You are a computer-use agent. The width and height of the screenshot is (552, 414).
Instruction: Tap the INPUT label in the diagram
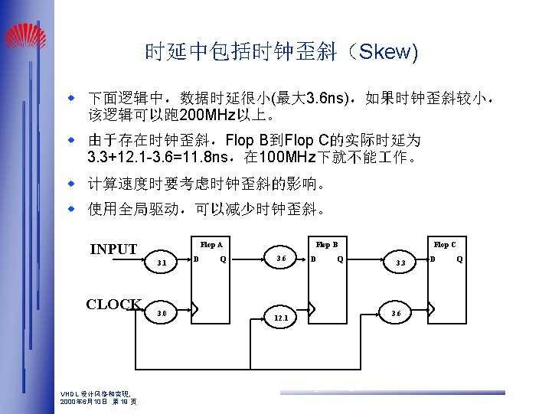[x=113, y=249]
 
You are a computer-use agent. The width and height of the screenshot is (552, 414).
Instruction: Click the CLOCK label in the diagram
[x=113, y=304]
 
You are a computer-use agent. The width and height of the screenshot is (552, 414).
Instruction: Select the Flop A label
[x=211, y=245]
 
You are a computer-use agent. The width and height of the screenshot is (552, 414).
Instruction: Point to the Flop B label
[x=328, y=245]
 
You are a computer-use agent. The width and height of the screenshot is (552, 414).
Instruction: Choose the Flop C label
[x=445, y=245]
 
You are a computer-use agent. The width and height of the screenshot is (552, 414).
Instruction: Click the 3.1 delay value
[x=162, y=264]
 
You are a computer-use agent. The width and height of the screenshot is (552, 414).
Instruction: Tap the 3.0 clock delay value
[x=162, y=312]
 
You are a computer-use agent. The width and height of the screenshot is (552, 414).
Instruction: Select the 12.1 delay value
[x=280, y=318]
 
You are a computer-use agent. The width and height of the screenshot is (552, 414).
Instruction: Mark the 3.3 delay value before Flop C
[x=400, y=264]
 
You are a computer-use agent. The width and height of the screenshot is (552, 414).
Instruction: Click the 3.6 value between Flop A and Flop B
[x=280, y=259]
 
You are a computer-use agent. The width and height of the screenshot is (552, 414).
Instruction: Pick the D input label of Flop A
[x=198, y=259]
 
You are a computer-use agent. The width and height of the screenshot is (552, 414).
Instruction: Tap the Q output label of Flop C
[x=459, y=259]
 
